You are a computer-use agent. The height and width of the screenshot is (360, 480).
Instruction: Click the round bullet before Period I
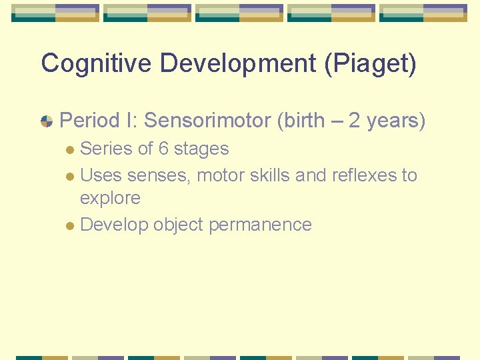coord(47,121)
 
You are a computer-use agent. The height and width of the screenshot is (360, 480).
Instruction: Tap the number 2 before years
coord(355,121)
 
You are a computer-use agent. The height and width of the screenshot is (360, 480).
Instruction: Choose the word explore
coord(110,199)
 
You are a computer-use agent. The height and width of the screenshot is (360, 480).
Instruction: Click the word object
coord(178,225)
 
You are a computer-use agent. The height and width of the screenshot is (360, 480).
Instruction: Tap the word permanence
coord(260,225)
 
